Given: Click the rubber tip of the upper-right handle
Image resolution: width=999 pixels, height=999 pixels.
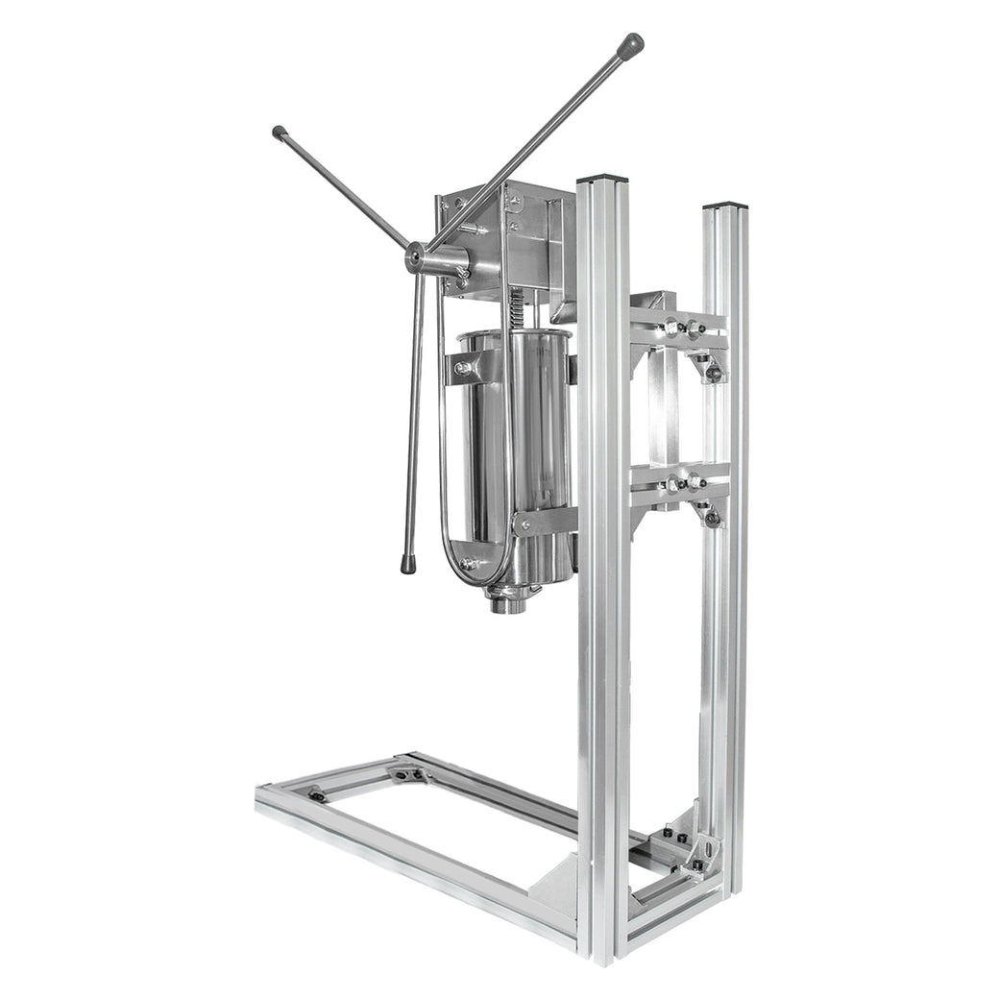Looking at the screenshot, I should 631,44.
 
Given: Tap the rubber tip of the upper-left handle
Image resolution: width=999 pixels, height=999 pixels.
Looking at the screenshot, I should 280,133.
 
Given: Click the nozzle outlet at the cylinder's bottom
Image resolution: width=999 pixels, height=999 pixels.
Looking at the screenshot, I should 508,604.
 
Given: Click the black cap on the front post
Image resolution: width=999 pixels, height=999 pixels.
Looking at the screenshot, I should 602,179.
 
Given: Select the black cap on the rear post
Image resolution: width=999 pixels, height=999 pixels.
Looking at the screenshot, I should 724,206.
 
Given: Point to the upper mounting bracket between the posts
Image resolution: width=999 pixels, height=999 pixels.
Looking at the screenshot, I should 678,327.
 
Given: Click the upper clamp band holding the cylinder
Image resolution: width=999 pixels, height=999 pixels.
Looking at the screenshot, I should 471,367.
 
